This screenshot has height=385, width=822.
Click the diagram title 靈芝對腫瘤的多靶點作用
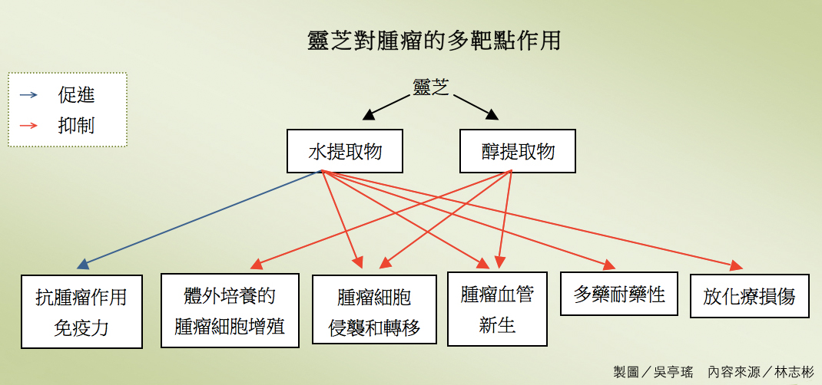(433, 40)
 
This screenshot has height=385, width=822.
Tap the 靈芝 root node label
(430, 86)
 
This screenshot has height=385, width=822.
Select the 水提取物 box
(345, 150)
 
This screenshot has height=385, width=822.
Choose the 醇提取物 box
(518, 150)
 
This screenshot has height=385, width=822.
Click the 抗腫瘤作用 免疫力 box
(81, 311)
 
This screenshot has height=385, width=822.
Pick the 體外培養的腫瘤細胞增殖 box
(230, 311)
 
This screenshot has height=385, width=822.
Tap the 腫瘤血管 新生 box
(497, 308)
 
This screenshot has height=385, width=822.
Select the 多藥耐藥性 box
(619, 293)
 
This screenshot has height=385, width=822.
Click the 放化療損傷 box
(749, 296)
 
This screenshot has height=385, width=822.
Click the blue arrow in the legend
(28, 95)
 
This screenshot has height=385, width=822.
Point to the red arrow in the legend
(28, 125)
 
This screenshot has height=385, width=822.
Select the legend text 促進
(77, 95)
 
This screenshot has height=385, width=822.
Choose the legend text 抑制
(77, 125)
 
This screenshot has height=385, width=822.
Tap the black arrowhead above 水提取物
(370, 115)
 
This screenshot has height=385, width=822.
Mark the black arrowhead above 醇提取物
(491, 115)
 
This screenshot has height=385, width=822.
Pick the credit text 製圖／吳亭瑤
(653, 372)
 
